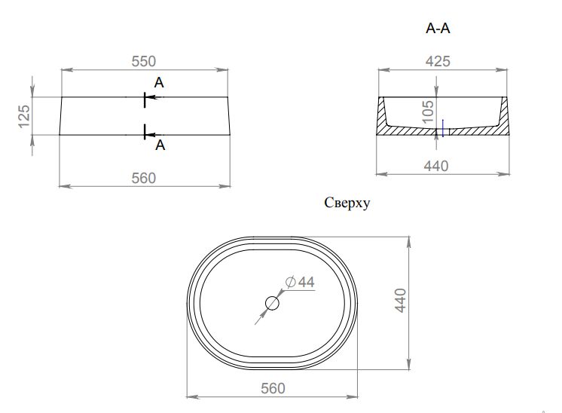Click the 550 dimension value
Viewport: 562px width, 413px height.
pyautogui.click(x=144, y=61)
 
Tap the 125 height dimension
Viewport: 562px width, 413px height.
pyautogui.click(x=24, y=116)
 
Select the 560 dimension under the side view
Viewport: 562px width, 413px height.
pyautogui.click(x=144, y=178)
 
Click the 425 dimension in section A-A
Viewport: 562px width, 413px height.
pyautogui.click(x=438, y=61)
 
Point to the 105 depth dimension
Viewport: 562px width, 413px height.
pyautogui.click(x=428, y=112)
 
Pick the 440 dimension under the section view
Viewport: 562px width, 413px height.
pyautogui.click(x=436, y=166)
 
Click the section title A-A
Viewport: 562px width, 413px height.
pyautogui.click(x=438, y=29)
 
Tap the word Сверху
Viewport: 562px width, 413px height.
pyautogui.click(x=347, y=203)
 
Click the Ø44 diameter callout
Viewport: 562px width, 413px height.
pyautogui.click(x=300, y=282)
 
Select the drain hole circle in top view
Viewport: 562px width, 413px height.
pyautogui.click(x=272, y=303)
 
